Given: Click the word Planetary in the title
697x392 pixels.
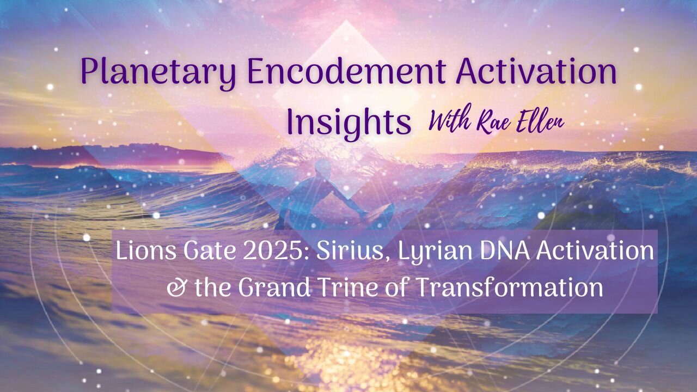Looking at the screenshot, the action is point(158,73).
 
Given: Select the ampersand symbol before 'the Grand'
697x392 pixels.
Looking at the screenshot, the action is point(177,288).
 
